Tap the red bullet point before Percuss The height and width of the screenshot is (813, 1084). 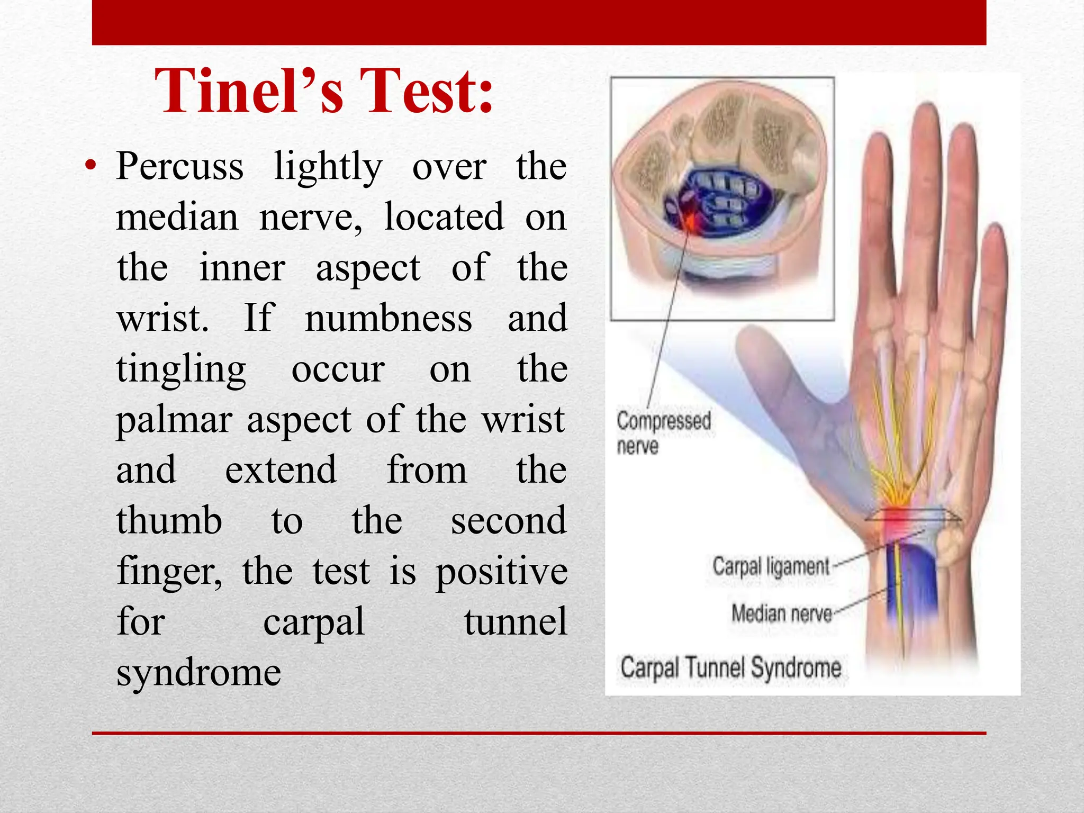coord(91,166)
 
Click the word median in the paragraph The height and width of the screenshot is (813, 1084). coord(177,218)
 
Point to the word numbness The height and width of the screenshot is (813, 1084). coord(388,319)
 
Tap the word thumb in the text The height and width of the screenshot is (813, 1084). coord(169,521)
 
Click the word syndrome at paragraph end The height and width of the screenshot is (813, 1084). coord(198,673)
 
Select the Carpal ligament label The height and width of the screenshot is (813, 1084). coord(771,566)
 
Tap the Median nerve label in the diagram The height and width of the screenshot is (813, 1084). coord(781,614)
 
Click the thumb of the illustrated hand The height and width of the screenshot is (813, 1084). coord(783,381)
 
